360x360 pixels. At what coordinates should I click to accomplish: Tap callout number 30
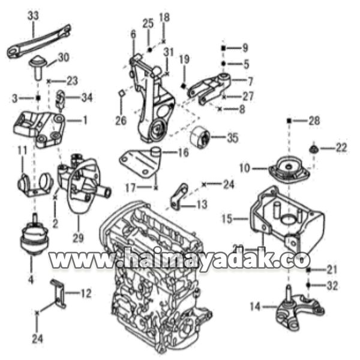[64, 58]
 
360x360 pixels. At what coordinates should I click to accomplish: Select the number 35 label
[233, 138]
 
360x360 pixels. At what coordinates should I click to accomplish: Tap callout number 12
[86, 293]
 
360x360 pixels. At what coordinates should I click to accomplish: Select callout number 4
[31, 278]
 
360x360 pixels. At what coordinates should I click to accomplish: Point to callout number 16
[184, 153]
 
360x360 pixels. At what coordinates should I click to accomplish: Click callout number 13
[201, 205]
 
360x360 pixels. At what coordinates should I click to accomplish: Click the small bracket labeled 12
[58, 294]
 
